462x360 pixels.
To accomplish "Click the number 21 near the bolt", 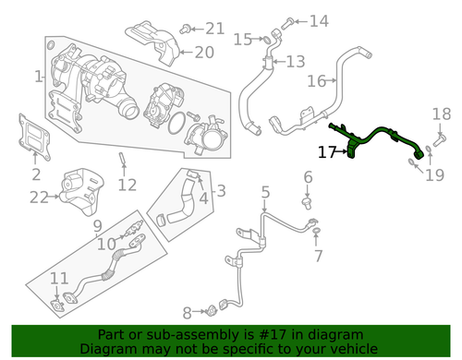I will click(214, 28).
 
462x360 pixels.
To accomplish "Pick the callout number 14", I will click(318, 20).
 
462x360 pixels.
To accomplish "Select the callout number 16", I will click(316, 80).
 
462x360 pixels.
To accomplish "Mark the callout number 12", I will click(127, 185).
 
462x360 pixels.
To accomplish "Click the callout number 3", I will click(220, 191).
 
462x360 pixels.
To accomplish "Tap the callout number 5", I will click(264, 193).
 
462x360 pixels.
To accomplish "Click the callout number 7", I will click(318, 254).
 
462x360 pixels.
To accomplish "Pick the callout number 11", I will click(58, 278).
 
